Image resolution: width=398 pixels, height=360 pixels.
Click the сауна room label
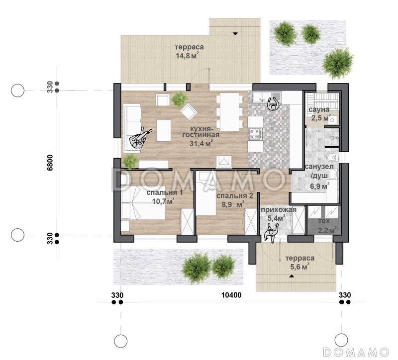319,109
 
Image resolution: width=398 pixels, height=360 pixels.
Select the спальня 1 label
165,192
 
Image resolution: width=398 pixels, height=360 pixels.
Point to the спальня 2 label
235,196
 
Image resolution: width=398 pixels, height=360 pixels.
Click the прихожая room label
279,209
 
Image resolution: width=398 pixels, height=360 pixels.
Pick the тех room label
324,221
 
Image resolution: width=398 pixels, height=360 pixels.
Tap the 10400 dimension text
231,295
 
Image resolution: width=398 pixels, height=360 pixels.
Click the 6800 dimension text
50,163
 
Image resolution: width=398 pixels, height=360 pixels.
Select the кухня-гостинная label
201,131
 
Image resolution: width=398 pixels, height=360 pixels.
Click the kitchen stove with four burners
255,134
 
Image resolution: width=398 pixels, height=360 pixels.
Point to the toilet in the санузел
332,158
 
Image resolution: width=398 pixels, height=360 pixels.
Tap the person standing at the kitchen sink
273,103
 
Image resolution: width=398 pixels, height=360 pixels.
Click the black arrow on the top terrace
235,33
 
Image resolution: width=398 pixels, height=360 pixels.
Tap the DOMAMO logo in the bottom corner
356,352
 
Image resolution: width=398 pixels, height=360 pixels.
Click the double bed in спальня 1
143,203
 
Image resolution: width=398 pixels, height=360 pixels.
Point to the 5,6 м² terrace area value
299,267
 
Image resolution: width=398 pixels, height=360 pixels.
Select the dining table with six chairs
230,111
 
